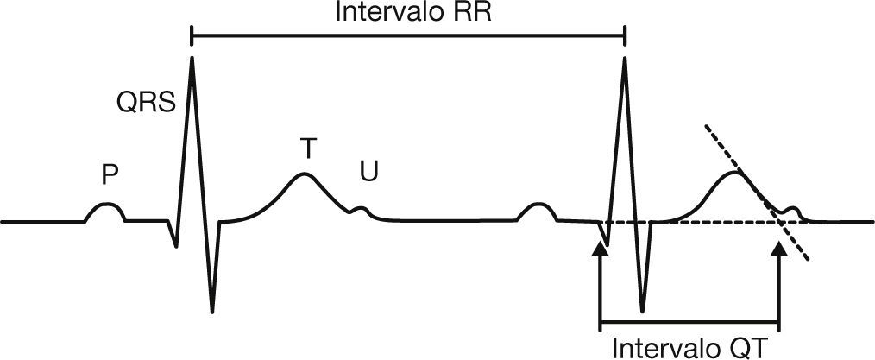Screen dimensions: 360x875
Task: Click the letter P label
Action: coord(109,175)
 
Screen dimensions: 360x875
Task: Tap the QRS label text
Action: coord(147,104)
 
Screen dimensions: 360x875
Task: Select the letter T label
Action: coord(307,148)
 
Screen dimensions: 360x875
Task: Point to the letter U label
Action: coord(368,173)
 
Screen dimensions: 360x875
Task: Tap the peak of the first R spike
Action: coord(192,57)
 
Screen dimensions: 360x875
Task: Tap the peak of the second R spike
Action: coord(624,58)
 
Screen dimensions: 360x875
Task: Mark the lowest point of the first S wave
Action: coord(211,311)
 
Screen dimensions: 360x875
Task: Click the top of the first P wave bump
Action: coord(106,204)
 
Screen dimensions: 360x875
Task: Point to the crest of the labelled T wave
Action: coord(303,174)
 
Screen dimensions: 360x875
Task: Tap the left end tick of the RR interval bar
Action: coord(191,35)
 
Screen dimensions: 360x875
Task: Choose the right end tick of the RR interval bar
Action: coord(625,35)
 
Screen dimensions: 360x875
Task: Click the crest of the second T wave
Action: coord(733,174)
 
